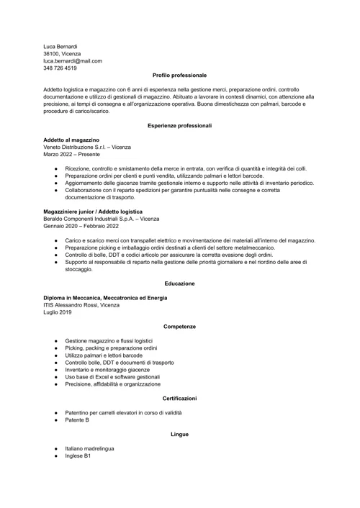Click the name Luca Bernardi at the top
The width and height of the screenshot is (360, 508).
pyautogui.click(x=60, y=46)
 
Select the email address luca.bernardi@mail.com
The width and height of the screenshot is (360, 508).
pyautogui.click(x=77, y=60)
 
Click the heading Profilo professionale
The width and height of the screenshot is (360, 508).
pyautogui.click(x=179, y=75)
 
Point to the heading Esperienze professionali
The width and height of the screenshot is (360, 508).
pyautogui.click(x=179, y=125)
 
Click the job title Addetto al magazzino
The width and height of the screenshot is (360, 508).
pyautogui.click(x=71, y=140)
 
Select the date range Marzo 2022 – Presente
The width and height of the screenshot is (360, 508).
pyautogui.click(x=71, y=154)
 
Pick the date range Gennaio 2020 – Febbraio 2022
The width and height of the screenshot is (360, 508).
pyautogui.click(x=81, y=226)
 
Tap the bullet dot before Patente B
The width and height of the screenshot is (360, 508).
pyautogui.click(x=55, y=419)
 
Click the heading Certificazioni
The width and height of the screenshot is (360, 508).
pyautogui.click(x=179, y=398)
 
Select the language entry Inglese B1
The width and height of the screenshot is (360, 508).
pyautogui.click(x=78, y=455)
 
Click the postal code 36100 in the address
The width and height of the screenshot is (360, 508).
pyautogui.click(x=52, y=53)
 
